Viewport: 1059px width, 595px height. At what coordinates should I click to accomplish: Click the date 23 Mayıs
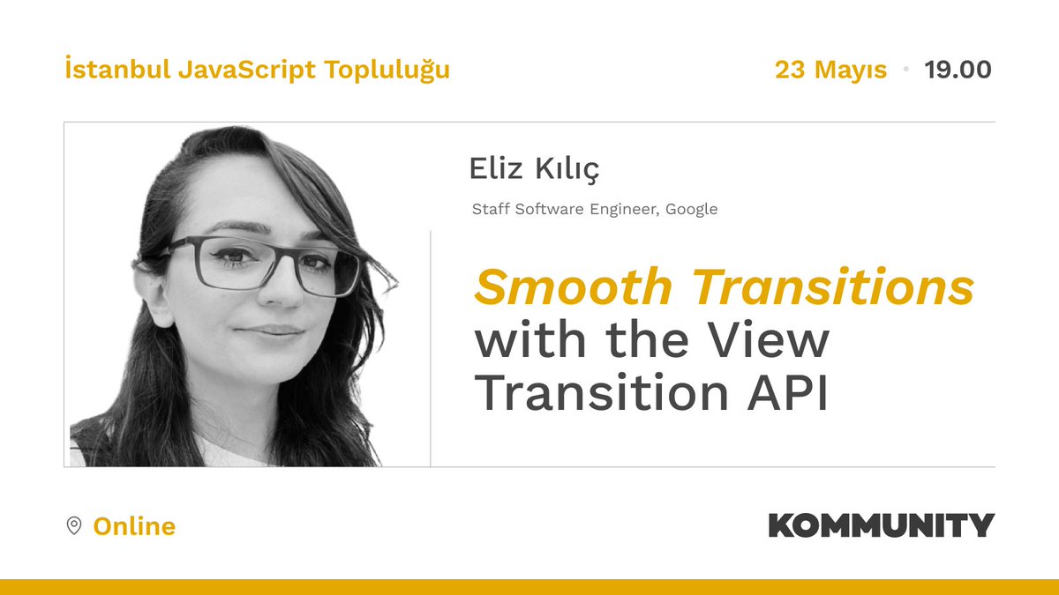[x=830, y=69]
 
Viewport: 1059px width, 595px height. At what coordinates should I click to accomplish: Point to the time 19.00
[x=958, y=69]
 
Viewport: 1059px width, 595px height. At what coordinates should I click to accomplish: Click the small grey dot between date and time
[x=905, y=69]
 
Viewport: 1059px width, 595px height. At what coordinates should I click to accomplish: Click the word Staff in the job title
[x=490, y=210]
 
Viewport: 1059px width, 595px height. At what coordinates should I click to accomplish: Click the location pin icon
[x=75, y=526]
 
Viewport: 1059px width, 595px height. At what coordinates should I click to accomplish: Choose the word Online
[x=134, y=526]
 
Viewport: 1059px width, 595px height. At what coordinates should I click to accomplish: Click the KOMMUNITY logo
[x=881, y=525]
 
